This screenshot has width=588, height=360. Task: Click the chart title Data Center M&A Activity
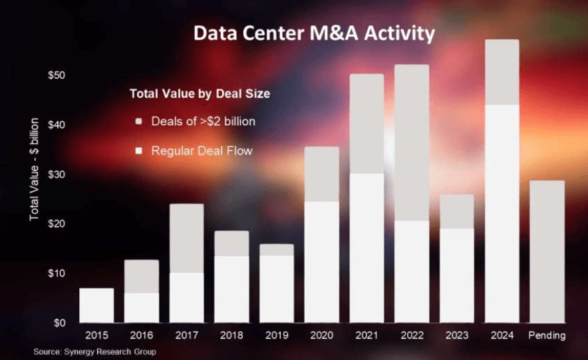click(x=313, y=33)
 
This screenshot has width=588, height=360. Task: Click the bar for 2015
click(x=96, y=305)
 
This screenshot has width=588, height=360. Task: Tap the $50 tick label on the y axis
click(x=57, y=75)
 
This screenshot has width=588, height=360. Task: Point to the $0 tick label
click(x=59, y=323)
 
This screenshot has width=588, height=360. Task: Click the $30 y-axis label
click(x=57, y=174)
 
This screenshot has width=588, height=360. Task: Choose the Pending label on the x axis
click(x=547, y=336)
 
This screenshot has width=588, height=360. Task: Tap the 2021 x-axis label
click(x=367, y=336)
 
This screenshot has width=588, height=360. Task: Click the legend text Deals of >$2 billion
click(x=203, y=122)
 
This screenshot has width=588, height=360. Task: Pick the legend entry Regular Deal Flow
click(x=202, y=151)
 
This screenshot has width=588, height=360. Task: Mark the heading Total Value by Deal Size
click(x=200, y=94)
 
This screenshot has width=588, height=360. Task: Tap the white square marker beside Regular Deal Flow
click(x=138, y=151)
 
